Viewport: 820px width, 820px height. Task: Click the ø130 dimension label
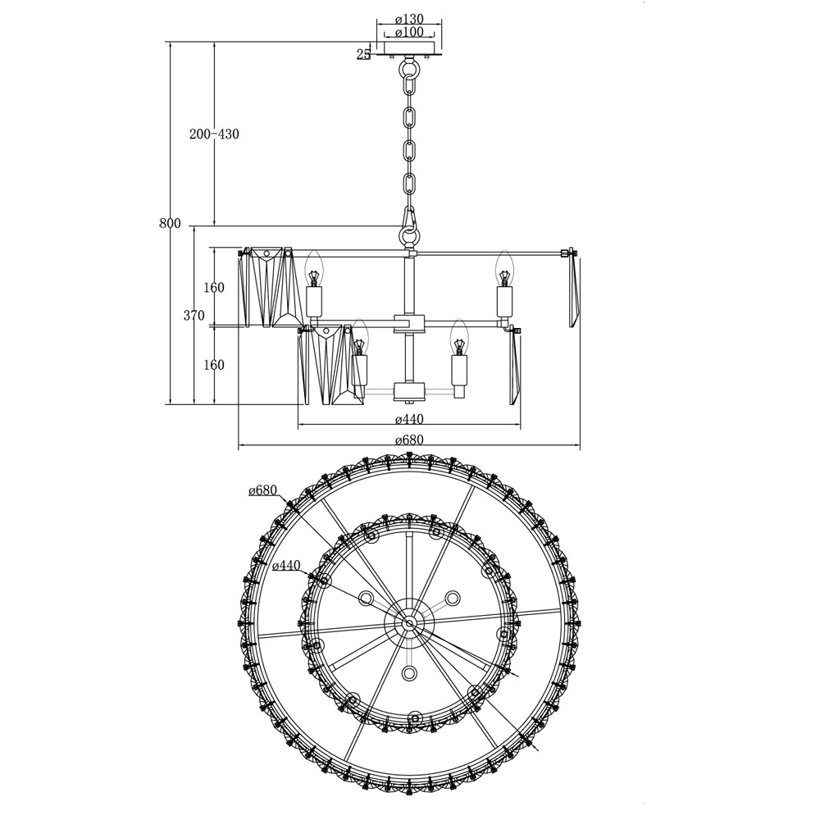pos(409,20)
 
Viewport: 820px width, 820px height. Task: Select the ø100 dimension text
pos(409,32)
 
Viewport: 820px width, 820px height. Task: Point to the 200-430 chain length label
pos(214,134)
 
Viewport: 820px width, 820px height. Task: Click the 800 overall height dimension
pos(170,224)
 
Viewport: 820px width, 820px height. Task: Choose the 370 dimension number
pos(194,315)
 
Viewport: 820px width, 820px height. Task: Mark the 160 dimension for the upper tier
pos(214,287)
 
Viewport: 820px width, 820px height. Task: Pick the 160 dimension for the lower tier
pos(214,365)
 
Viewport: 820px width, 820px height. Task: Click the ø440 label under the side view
pos(409,419)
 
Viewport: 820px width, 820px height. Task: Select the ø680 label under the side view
pos(409,440)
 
